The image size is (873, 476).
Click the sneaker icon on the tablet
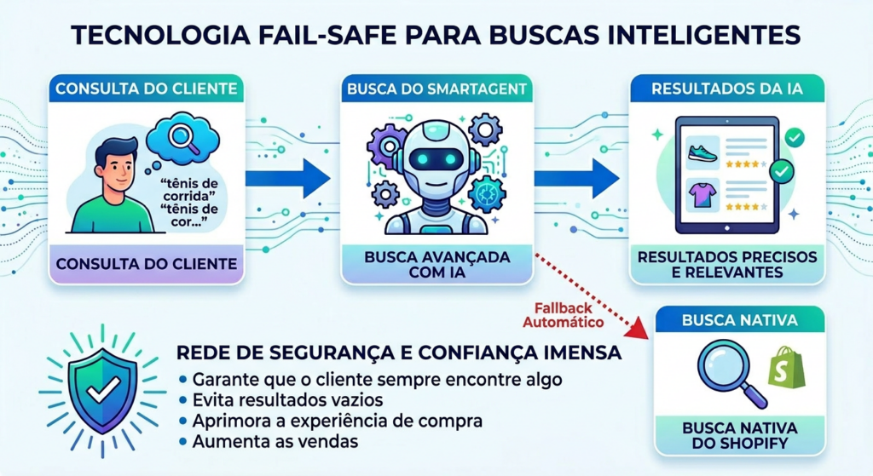coord(701,152)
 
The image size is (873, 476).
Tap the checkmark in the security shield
coord(103,390)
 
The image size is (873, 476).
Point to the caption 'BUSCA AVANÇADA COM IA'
coord(436,264)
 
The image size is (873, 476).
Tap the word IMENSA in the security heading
coord(577,352)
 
